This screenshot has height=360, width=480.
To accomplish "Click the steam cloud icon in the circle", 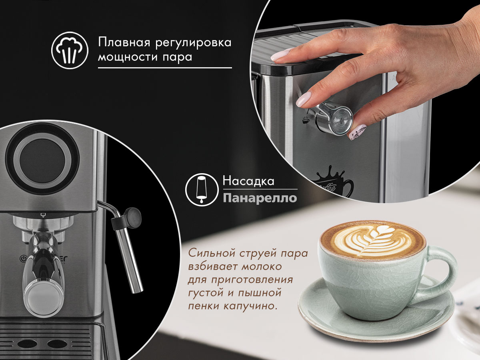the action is pos(70,50).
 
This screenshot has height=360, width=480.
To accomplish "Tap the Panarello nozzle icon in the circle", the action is pos(202,190).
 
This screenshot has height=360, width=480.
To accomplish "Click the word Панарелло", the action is pos(260,198).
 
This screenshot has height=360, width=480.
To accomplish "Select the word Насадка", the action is pos(248,182).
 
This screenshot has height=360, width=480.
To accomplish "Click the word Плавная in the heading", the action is pos(124,42).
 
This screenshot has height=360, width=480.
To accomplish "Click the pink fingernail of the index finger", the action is pos(304,99).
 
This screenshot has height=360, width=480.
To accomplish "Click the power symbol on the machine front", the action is pos(23,259).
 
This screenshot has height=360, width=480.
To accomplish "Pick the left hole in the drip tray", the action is pos(24,344).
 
